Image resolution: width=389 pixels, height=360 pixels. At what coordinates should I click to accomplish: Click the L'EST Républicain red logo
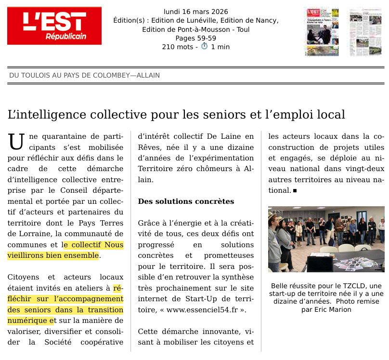pyautogui.click(x=54, y=26)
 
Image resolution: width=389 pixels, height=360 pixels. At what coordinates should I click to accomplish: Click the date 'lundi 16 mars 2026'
pyautogui.click(x=195, y=12)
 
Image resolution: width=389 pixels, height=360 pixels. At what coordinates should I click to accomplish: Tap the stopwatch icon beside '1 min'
pyautogui.click(x=204, y=46)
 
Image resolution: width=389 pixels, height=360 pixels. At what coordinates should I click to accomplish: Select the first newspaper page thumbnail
pyautogui.click(x=322, y=31)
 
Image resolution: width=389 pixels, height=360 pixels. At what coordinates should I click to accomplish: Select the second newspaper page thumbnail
pyautogui.click(x=365, y=31)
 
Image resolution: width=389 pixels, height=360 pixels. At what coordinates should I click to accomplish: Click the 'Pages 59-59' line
pyautogui.click(x=195, y=38)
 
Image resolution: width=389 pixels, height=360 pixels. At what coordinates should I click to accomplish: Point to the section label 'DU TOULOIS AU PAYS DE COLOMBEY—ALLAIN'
pyautogui.click(x=84, y=76)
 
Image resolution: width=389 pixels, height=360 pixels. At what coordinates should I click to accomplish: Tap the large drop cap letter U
pyautogui.click(x=16, y=142)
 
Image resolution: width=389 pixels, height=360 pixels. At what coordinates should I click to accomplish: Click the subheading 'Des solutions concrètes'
pyautogui.click(x=186, y=201)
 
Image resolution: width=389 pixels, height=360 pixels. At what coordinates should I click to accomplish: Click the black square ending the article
pyautogui.click(x=295, y=190)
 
